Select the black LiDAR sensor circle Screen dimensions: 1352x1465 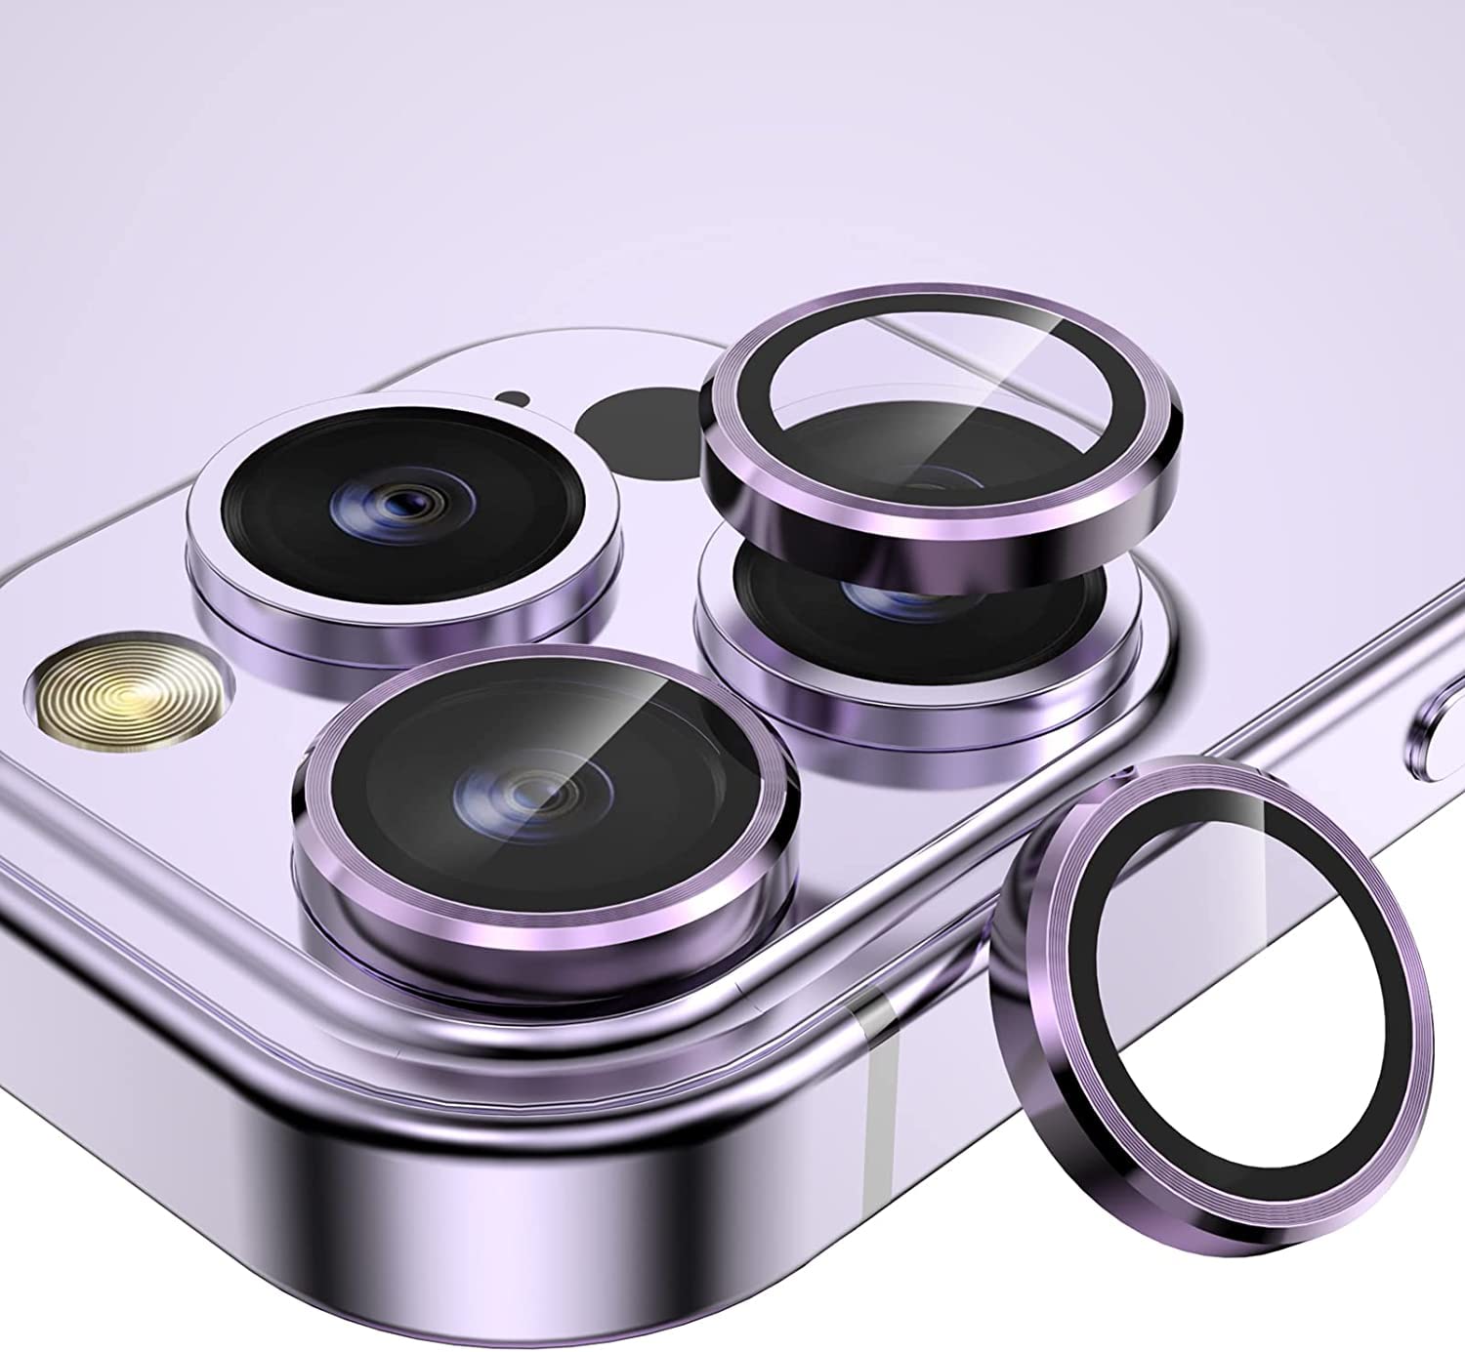point(635,425)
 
